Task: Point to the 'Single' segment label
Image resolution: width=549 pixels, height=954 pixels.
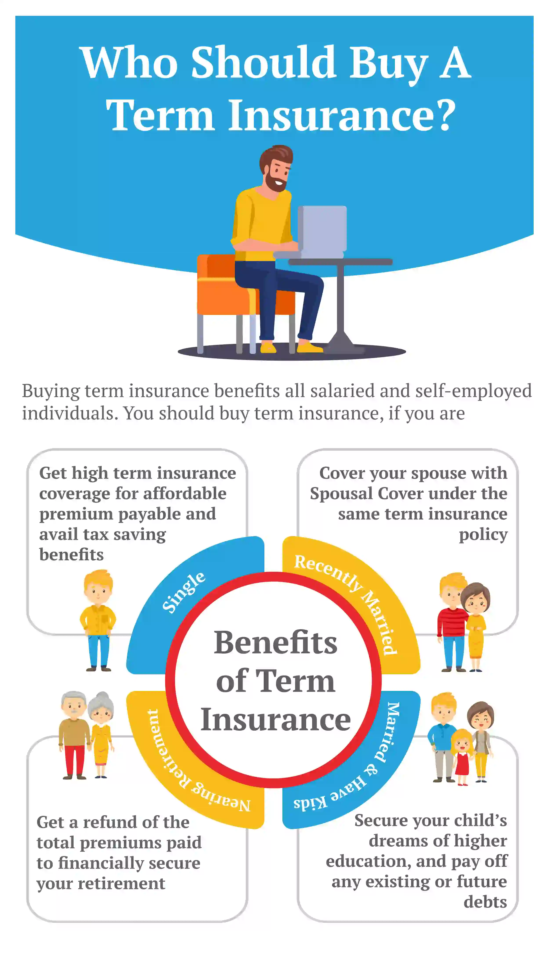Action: [184, 592]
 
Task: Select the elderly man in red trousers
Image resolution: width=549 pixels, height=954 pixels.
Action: [74, 734]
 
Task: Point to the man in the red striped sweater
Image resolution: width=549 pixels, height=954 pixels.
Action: [452, 622]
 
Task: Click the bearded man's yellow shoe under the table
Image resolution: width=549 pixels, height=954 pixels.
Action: [309, 347]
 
